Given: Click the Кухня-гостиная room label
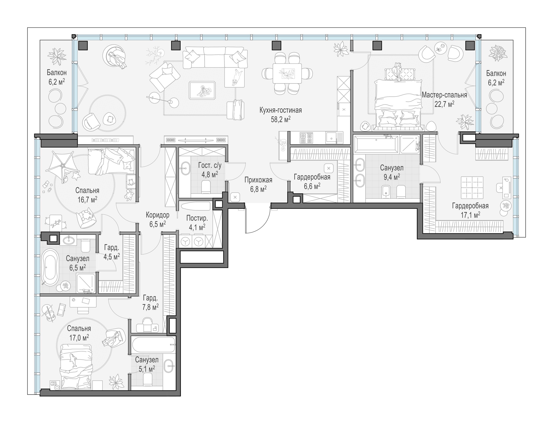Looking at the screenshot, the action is click(280, 110).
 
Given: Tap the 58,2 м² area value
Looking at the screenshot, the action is click(280, 119).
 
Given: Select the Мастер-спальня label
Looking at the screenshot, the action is click(444, 95).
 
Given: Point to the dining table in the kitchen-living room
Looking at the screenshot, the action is click(287, 73).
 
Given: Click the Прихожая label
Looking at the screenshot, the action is click(258, 180).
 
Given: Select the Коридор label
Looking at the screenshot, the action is click(158, 215).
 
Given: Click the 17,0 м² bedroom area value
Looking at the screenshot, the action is click(79, 337).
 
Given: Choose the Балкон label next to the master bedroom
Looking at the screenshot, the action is click(496, 74).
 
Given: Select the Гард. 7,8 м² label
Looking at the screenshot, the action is click(151, 302).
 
